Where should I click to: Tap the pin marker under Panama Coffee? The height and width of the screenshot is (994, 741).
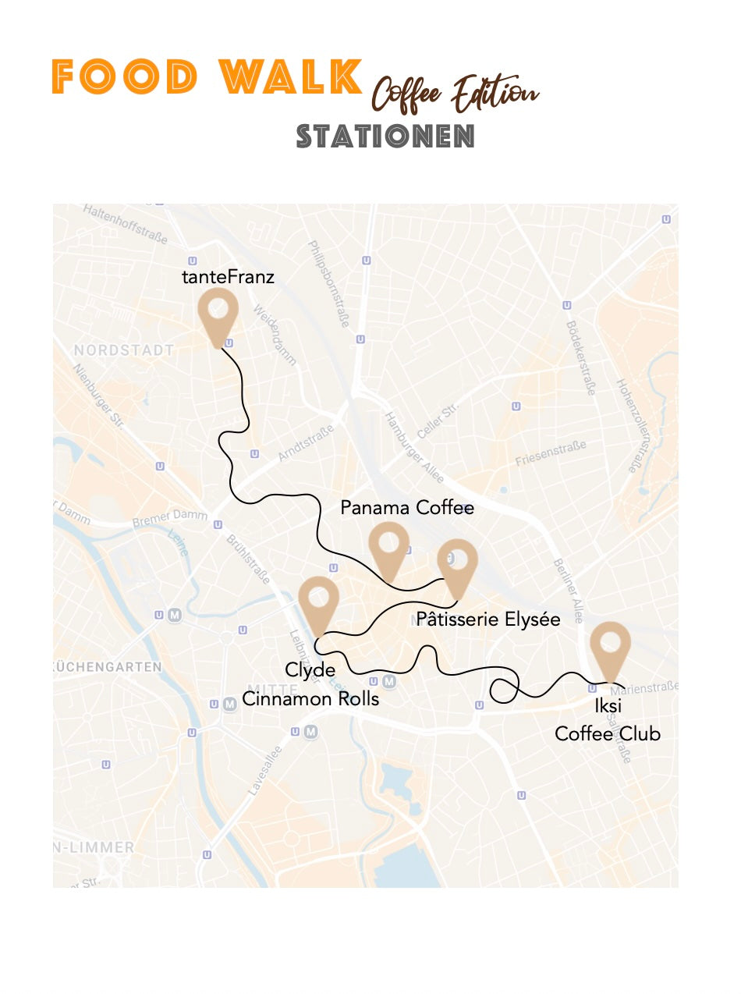point(388,548)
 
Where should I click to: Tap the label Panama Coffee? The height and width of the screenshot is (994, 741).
point(407,508)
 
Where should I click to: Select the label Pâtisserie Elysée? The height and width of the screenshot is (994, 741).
point(488,619)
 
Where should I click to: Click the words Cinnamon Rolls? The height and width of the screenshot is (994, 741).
point(310,698)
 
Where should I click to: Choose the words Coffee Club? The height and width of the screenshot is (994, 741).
point(608,733)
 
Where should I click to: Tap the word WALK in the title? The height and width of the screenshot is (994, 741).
point(291,76)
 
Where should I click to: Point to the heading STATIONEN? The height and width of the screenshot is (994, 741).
point(385,137)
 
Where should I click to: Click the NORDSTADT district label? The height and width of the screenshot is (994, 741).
point(124,350)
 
